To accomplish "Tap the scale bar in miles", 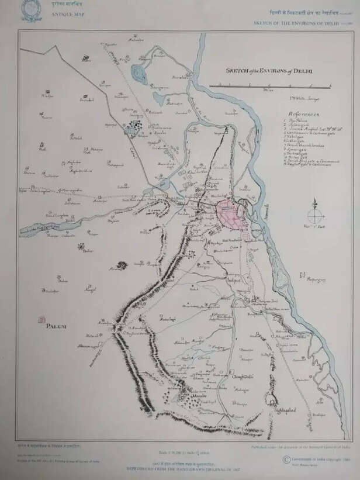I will click(269, 85).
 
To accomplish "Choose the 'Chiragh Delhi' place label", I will click(240, 377).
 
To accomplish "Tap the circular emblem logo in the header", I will click(27, 11).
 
